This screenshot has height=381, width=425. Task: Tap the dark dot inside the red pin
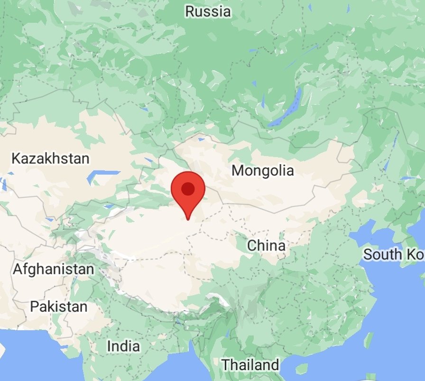pyautogui.click(x=188, y=189)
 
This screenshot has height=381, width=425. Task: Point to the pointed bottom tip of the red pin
pyautogui.click(x=188, y=220)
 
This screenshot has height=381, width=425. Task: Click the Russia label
pyautogui.click(x=208, y=11)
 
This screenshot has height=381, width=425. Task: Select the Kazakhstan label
pyautogui.click(x=50, y=158)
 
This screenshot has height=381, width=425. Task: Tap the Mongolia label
pyautogui.click(x=263, y=170)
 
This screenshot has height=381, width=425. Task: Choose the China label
pyautogui.click(x=267, y=246)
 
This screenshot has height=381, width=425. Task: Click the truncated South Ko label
pyautogui.click(x=393, y=254)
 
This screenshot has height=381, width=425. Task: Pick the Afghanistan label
pyautogui.click(x=53, y=269)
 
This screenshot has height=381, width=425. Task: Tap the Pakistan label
pyautogui.click(x=59, y=307)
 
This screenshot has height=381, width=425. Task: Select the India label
pyautogui.click(x=123, y=346)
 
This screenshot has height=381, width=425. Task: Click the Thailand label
pyautogui.click(x=250, y=365)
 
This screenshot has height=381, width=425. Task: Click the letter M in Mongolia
pyautogui.click(x=238, y=170)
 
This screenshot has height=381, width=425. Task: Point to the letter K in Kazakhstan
pyautogui.click(x=15, y=158)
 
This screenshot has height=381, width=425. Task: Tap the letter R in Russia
pyautogui.click(x=189, y=11)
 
